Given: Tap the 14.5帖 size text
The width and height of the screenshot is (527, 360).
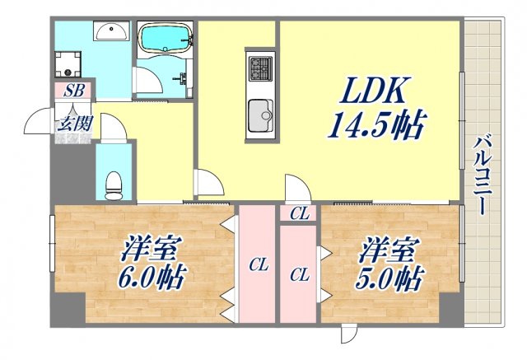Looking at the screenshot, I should [376, 126].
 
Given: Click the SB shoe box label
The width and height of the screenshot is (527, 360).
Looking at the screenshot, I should [72, 91].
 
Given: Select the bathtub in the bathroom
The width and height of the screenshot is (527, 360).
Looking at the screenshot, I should [164, 39].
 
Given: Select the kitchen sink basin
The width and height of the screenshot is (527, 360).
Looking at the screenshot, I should [260, 112].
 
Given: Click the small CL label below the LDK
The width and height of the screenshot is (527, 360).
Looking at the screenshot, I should [300, 214].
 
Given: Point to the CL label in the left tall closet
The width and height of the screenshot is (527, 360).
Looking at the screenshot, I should [259, 264].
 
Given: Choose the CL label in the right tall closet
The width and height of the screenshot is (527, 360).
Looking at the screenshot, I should [300, 274].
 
